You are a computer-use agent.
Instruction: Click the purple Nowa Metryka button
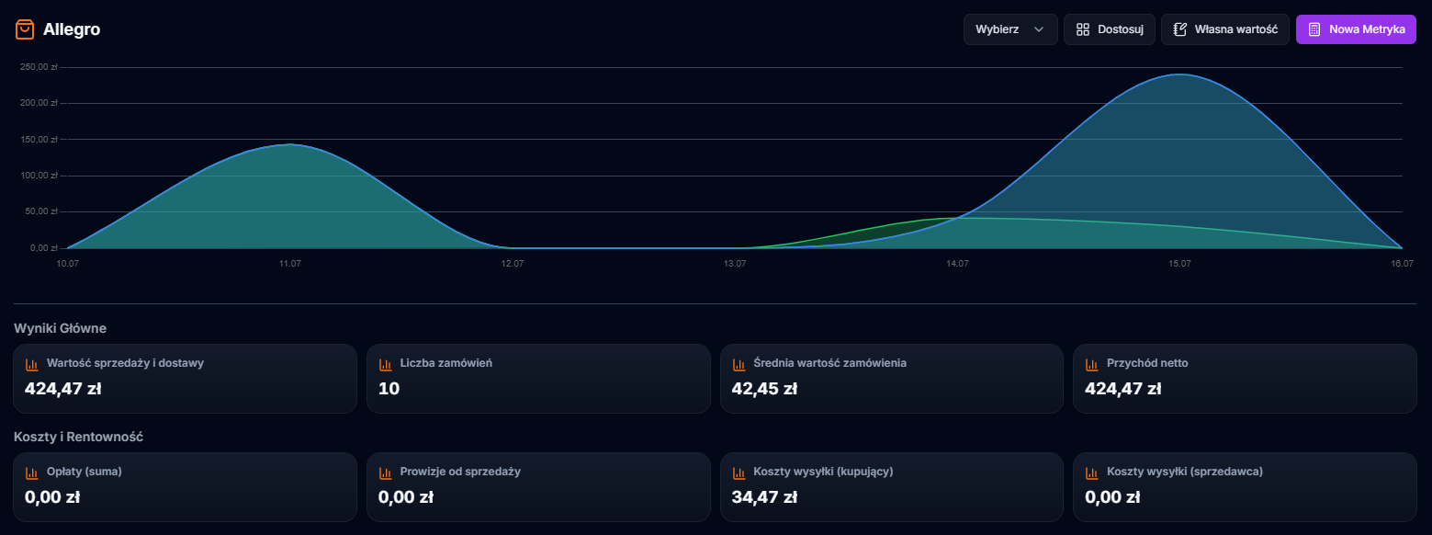pos(1356,29)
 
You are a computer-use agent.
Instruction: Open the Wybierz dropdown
pos(1009,29)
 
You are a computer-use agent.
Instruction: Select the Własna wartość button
pos(1225,29)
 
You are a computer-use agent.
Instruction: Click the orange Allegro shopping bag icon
pos(25,29)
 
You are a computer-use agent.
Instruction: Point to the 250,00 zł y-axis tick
pos(39,67)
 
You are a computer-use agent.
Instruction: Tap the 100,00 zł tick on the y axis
pos(39,176)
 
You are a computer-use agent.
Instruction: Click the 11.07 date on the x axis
pos(289,264)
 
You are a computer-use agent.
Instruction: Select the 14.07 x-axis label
pos(957,264)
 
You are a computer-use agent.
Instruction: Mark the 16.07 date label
pos(1402,264)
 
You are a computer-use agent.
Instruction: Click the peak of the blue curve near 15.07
pos(1178,74)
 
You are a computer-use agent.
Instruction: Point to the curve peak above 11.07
pos(289,144)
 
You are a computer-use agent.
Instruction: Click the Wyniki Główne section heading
pos(60,328)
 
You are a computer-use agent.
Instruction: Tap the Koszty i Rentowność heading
pos(78,437)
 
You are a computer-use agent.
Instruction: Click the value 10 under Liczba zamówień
pos(389,389)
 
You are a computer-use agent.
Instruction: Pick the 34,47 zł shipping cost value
pos(764,497)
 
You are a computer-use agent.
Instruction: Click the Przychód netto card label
pos(1147,363)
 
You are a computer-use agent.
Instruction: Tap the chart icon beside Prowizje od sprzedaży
pos(386,472)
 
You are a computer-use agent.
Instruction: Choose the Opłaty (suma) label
pos(85,472)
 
